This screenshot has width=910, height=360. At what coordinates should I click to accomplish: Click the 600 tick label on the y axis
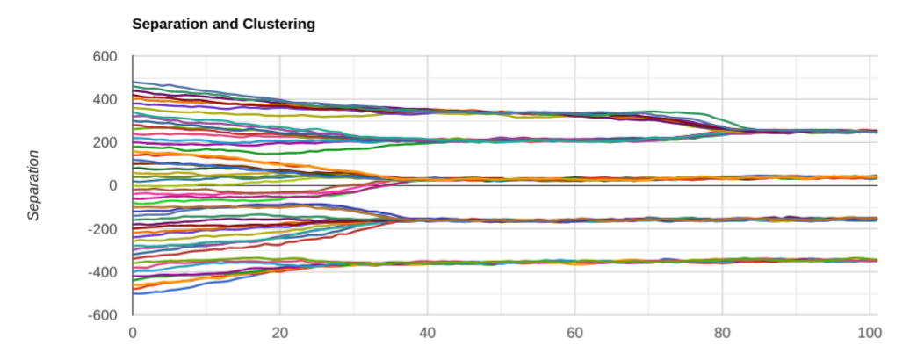[105, 56]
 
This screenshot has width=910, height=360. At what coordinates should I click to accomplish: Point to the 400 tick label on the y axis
[105, 99]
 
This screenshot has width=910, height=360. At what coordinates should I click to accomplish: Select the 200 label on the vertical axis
[105, 142]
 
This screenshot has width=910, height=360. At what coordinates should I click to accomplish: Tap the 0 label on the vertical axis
[113, 185]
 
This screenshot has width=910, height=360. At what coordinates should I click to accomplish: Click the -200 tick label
[103, 228]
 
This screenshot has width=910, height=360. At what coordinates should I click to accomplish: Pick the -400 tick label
[103, 271]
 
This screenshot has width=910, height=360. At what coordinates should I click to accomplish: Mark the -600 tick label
[103, 314]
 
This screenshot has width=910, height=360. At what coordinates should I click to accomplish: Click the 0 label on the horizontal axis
[133, 333]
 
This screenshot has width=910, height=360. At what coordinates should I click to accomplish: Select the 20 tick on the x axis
[280, 333]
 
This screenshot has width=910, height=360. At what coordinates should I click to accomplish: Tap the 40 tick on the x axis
[428, 333]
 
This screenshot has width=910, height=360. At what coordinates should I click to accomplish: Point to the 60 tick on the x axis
[575, 333]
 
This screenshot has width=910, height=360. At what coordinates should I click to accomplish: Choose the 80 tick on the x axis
[723, 333]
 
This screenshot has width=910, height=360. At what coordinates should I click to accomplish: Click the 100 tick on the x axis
[868, 333]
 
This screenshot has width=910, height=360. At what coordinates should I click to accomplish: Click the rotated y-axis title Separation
[34, 185]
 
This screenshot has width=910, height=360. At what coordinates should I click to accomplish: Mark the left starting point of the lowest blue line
[134, 292]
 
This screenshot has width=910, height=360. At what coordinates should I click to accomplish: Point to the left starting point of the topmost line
[134, 82]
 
